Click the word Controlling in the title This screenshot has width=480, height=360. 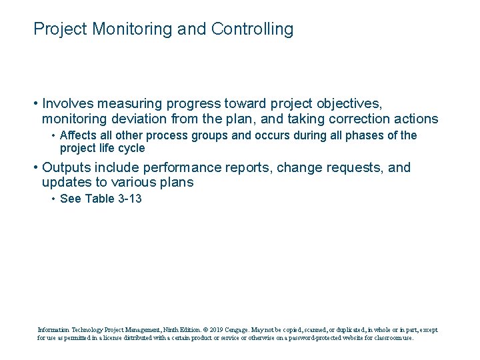click(x=252, y=29)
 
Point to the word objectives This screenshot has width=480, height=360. click(x=348, y=103)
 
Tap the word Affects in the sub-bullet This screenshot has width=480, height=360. click(x=77, y=135)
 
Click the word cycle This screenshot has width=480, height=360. click(x=131, y=148)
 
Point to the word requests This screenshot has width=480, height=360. click(x=347, y=167)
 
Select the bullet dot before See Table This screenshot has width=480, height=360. click(x=53, y=199)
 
